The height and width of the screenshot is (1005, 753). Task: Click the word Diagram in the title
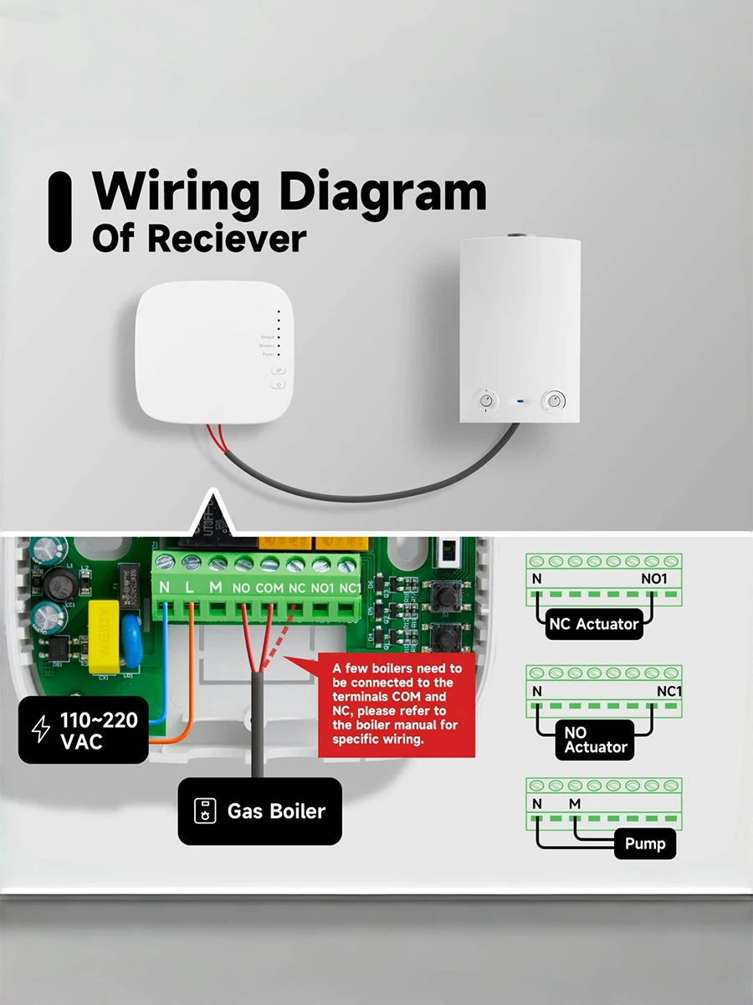382,193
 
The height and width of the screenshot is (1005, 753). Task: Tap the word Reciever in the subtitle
227,239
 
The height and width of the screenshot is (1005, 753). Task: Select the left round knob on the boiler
487,401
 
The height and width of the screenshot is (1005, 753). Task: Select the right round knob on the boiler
553,400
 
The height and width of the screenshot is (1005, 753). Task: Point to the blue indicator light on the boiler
520,401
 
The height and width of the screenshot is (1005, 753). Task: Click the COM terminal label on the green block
270,588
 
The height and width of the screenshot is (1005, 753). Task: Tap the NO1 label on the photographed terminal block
323,588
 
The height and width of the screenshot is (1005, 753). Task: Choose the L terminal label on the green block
190,588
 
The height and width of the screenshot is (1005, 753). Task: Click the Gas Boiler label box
260,811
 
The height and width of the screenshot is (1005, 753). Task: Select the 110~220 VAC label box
84,729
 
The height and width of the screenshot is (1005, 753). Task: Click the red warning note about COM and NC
396,703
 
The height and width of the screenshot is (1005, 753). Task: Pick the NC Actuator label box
594,624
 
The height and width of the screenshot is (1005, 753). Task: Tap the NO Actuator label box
595,740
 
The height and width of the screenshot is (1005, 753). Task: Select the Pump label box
644,843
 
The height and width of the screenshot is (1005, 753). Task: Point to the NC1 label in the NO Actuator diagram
668,692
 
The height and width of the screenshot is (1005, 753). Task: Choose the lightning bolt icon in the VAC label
40,729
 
